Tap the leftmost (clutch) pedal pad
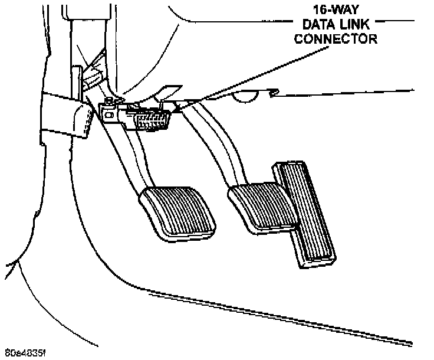point(180,211)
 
